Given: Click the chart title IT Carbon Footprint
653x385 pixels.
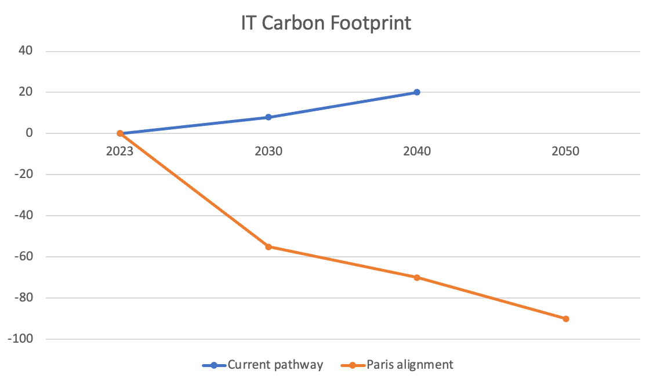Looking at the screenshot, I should point(326,23).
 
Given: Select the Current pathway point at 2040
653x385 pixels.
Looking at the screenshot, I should point(417,92).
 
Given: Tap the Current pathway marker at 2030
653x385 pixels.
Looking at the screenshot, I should point(269,117).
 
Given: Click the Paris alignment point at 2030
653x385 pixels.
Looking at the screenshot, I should point(269,246).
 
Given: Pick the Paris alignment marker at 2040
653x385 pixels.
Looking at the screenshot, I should point(417,277).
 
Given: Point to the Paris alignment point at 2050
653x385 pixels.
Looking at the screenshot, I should point(565,318).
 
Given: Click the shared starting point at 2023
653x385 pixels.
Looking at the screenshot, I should point(120,133).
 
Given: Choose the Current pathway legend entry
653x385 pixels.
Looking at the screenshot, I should point(263,365).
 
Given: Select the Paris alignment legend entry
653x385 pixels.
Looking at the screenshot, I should point(401,365).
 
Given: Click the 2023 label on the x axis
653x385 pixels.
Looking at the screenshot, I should point(120,151).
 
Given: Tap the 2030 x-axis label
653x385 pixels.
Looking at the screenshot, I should point(269,151).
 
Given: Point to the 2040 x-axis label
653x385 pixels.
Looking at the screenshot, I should point(417,151).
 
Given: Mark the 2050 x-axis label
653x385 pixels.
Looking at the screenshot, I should point(565,151).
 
